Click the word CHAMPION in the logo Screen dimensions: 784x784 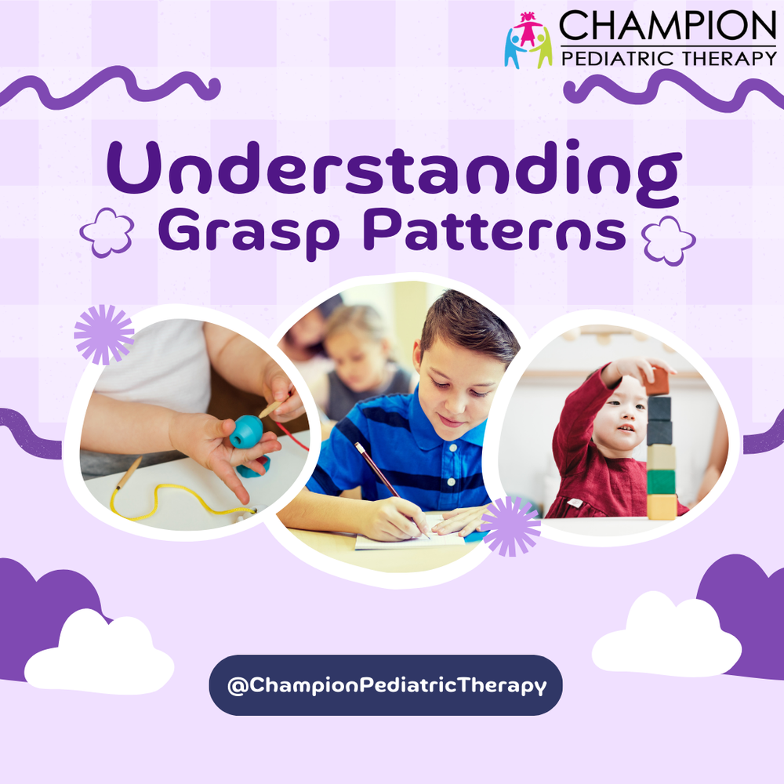pyautogui.click(x=666, y=27)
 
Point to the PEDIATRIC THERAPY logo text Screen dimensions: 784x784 pyautogui.click(x=667, y=57)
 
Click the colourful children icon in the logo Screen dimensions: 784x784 pyautogui.click(x=528, y=39)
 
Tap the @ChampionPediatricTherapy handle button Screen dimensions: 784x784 pyautogui.click(x=386, y=685)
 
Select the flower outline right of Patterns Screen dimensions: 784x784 pyautogui.click(x=668, y=240)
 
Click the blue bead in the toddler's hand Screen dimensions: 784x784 pyautogui.click(x=246, y=432)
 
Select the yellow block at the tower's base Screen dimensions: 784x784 pyautogui.click(x=662, y=506)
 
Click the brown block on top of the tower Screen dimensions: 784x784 pyautogui.click(x=657, y=381)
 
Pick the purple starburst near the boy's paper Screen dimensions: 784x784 pyautogui.click(x=510, y=526)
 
